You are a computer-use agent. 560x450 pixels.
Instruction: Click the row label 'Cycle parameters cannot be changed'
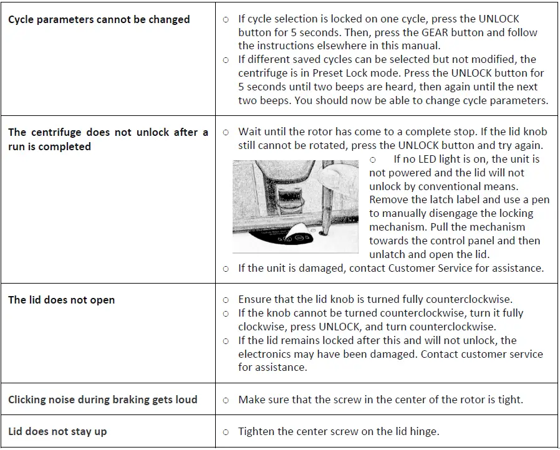99,19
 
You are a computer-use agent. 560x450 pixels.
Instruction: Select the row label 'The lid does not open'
61,300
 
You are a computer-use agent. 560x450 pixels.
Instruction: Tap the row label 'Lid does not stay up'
57,431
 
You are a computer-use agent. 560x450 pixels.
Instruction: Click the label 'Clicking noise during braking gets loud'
102,400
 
